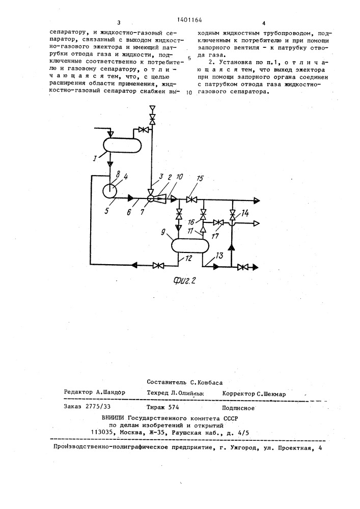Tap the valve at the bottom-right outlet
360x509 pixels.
coord(243,266)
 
